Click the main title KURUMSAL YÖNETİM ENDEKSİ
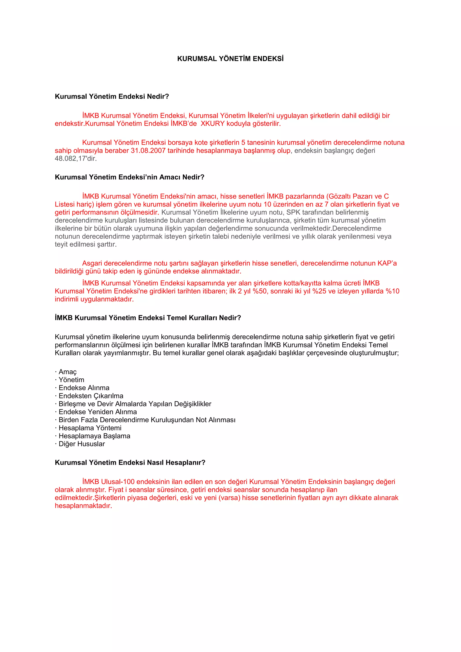(x=230, y=59)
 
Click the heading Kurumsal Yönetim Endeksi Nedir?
(x=112, y=97)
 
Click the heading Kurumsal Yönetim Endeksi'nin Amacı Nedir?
(x=129, y=177)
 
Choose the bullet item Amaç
(x=68, y=372)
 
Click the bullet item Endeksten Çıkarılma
(x=91, y=396)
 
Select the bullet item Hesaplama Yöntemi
(x=90, y=428)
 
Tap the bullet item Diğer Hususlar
(x=82, y=444)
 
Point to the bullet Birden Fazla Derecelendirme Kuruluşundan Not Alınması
(x=147, y=420)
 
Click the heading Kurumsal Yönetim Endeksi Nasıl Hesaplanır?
(x=130, y=463)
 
